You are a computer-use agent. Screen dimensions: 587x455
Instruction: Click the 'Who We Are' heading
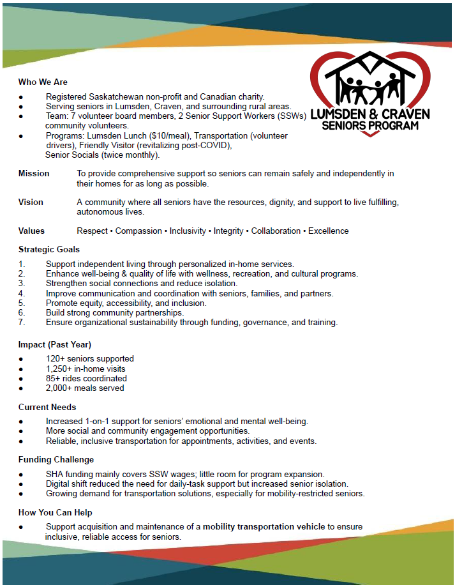pyautogui.click(x=43, y=82)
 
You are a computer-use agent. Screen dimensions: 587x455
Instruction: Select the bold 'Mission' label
pyautogui.click(x=34, y=174)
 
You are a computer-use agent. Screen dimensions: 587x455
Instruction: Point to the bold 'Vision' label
pyautogui.click(x=31, y=202)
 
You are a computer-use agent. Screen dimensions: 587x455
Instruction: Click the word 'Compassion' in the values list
pyautogui.click(x=139, y=231)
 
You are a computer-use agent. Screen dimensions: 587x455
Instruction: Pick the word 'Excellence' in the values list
pyautogui.click(x=329, y=231)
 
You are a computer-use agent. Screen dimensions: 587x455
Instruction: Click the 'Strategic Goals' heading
pyautogui.click(x=49, y=249)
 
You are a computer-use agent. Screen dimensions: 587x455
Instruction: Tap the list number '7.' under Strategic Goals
pyautogui.click(x=22, y=323)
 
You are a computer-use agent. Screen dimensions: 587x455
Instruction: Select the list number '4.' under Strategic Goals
pyautogui.click(x=22, y=293)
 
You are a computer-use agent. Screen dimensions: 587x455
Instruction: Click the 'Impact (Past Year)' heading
pyautogui.click(x=55, y=344)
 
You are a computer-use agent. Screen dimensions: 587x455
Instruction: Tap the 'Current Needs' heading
pyautogui.click(x=47, y=407)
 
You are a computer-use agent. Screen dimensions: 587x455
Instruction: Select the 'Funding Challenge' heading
pyautogui.click(x=56, y=459)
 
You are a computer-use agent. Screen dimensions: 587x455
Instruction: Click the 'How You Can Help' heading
pyautogui.click(x=56, y=512)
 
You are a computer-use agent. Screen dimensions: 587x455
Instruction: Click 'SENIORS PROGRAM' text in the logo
pyautogui.click(x=370, y=125)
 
